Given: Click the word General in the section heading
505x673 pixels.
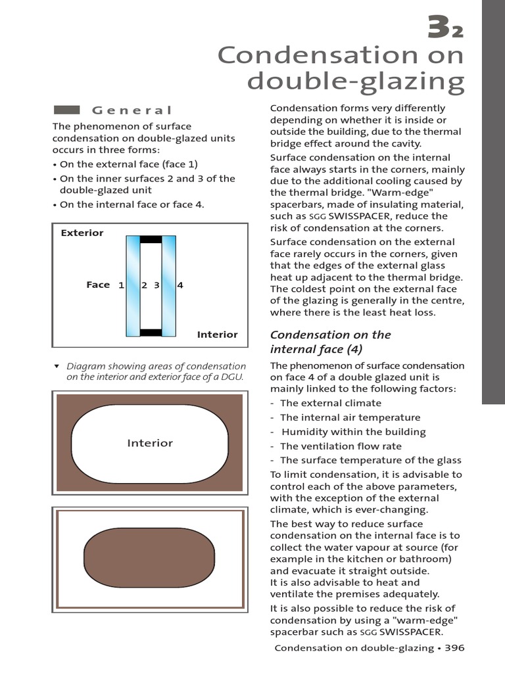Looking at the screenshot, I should (132, 110).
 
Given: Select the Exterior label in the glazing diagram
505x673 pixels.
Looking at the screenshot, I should (82, 233).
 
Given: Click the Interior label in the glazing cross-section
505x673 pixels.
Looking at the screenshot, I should (217, 335).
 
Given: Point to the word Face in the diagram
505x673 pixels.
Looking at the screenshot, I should (98, 285).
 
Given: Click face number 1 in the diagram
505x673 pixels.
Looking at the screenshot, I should (121, 285).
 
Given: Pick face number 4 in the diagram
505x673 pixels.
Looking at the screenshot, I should (180, 285).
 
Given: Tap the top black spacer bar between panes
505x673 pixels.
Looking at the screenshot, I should (151, 239).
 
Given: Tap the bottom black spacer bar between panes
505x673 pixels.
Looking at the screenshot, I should (151, 332).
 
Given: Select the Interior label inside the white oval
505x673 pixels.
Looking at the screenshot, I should (150, 443).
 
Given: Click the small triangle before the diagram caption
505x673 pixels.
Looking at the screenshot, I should (57, 365).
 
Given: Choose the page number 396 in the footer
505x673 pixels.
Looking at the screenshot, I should (454, 648).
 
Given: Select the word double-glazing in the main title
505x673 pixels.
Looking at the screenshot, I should (356, 82).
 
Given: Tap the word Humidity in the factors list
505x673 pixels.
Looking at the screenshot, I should (305, 432).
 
